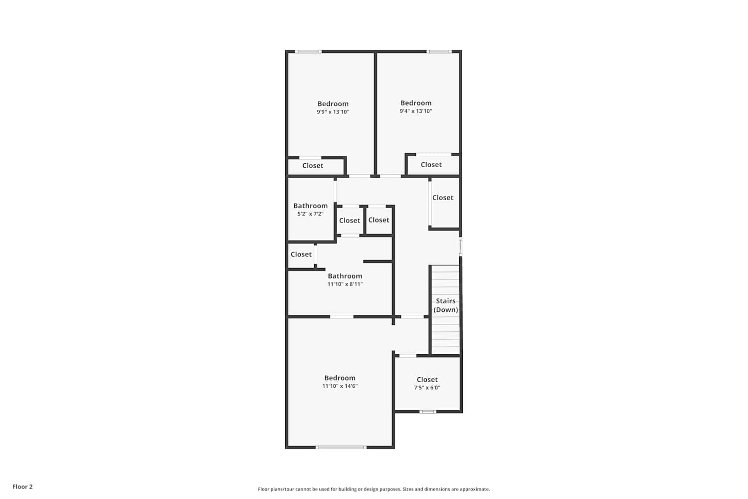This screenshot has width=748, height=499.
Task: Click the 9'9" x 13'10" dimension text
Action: (x=333, y=112)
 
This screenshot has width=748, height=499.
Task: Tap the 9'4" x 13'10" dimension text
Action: (x=416, y=111)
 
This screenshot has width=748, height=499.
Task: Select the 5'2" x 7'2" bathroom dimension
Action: (x=310, y=214)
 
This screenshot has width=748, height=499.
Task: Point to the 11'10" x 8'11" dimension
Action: (x=345, y=284)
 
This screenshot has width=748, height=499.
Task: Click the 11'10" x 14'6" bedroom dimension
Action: (x=340, y=386)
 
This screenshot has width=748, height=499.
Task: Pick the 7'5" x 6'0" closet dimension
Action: (x=427, y=388)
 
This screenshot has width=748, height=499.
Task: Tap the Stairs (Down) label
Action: (x=446, y=305)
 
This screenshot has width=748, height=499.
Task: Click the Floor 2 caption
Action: (x=23, y=487)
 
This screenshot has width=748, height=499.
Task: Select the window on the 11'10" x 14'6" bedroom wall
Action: (x=341, y=447)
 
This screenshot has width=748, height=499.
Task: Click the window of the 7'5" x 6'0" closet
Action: (x=428, y=412)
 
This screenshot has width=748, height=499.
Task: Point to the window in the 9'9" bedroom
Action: (x=308, y=51)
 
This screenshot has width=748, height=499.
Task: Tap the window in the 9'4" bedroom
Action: (x=439, y=51)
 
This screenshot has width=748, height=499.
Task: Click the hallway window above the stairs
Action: (x=460, y=247)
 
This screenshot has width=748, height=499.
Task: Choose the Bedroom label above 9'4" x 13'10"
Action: (x=416, y=103)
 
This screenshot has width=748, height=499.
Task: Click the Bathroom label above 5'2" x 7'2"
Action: (x=310, y=206)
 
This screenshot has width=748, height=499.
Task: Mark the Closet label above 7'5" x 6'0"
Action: (x=427, y=380)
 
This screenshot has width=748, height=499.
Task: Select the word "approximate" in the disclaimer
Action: (x=475, y=489)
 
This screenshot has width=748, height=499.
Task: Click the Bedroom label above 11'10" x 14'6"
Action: (x=340, y=378)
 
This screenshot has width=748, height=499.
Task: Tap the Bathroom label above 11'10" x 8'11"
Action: (x=345, y=276)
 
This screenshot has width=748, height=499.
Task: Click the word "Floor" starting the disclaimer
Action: (x=263, y=489)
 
